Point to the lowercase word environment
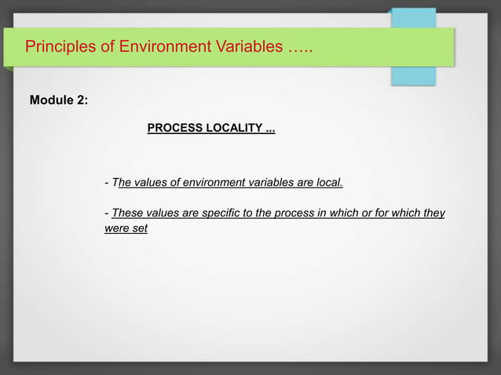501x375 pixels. point(209,183)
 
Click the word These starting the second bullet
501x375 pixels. point(127,213)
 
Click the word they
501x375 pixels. point(433,213)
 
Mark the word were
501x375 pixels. point(116,228)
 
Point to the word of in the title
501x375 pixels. point(108,46)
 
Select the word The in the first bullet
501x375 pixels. point(122,183)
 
